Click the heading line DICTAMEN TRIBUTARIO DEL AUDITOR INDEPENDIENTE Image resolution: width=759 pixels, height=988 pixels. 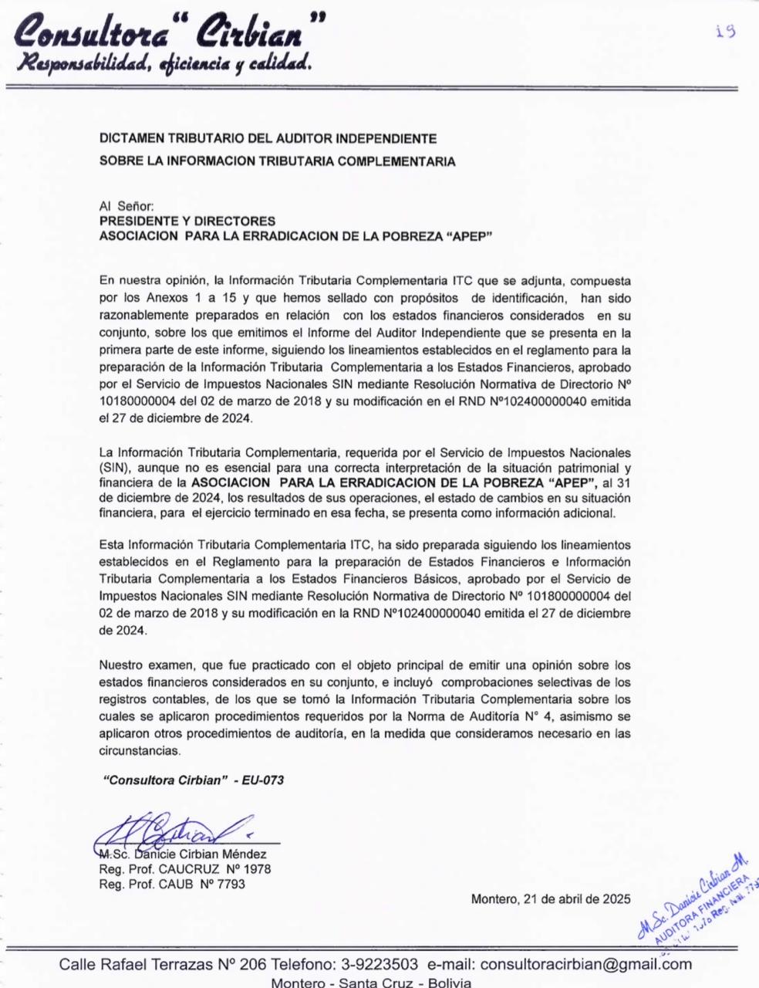(268, 139)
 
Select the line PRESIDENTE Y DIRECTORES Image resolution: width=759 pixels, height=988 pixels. (187, 222)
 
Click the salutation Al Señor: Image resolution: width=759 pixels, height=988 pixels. (127, 206)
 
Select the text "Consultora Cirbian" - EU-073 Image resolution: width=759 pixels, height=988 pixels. (194, 780)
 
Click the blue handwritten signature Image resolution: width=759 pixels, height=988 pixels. (174, 831)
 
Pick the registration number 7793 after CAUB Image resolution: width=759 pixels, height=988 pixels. (232, 884)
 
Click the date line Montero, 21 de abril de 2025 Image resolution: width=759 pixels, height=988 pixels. (550, 898)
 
